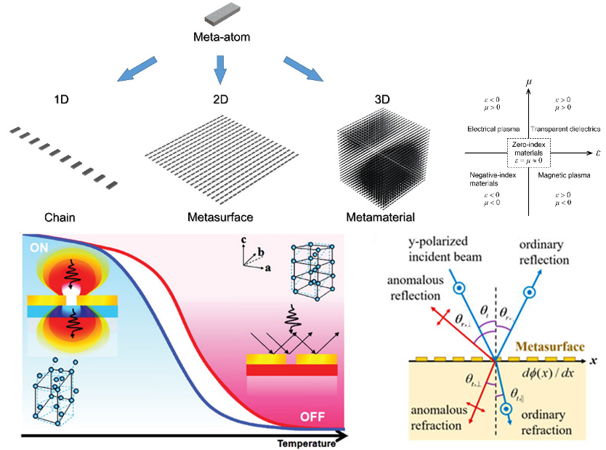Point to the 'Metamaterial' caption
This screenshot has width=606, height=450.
(379, 217)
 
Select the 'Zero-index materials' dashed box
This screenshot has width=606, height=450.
(530, 153)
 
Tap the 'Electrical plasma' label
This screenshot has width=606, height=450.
(494, 129)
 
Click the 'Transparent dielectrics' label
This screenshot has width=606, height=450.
(566, 129)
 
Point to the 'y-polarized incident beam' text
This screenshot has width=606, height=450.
(444, 246)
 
